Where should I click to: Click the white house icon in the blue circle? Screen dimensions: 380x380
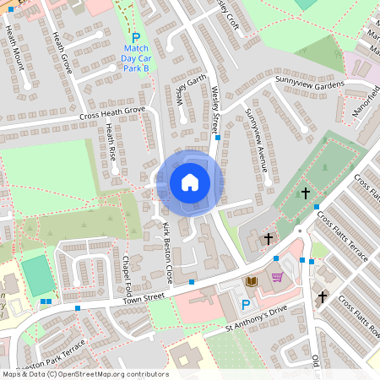[x=190, y=182]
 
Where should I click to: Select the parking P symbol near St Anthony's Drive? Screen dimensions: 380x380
[x=246, y=304]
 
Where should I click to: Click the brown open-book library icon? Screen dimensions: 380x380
[x=251, y=280]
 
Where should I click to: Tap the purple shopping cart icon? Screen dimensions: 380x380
[x=276, y=277]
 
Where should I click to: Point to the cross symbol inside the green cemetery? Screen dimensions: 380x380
[x=306, y=193]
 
